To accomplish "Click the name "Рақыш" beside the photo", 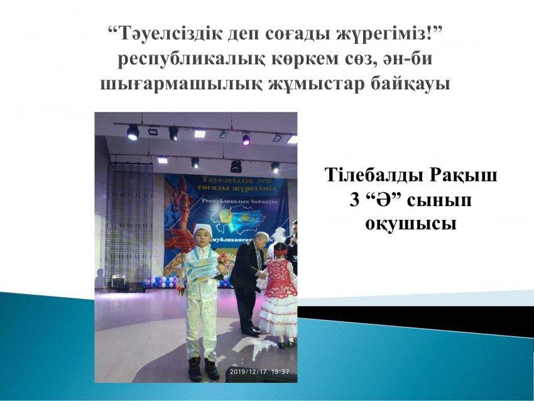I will pyautogui.click(x=465, y=175).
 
